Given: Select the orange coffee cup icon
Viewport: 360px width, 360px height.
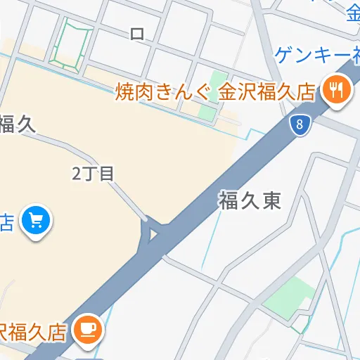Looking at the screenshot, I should coord(88,328).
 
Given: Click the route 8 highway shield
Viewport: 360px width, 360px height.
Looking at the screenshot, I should coord(300,126).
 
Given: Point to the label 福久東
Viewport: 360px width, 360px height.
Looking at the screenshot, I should coord(250,202).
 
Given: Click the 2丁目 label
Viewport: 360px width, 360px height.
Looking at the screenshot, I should coord(93,174).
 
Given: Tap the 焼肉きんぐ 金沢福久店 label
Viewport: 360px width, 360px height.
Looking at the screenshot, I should coord(217,91).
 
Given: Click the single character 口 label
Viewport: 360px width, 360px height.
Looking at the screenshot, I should coord(137,33).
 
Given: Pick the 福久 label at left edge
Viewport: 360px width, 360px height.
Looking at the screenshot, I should coord(17,124).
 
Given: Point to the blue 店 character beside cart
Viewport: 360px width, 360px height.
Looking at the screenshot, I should coord(6,223).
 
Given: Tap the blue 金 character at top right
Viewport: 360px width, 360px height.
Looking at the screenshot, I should coord(353,11).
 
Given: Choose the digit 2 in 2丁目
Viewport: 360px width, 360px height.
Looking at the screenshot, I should coord(77,174).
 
